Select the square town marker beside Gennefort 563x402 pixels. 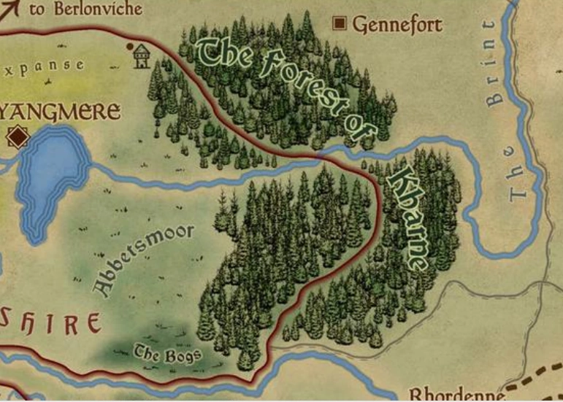coord(340,24)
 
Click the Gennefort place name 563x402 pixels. coord(397,25)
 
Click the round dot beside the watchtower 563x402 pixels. coord(130,47)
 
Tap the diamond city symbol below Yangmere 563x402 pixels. coord(17,137)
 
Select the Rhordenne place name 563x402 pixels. coord(456,395)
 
